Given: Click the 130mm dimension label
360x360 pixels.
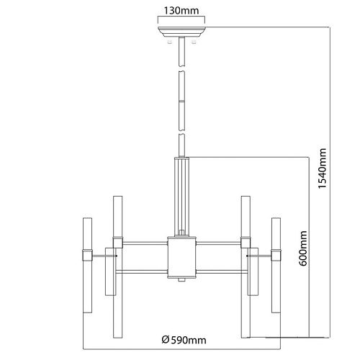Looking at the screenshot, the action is pyautogui.click(x=181, y=11).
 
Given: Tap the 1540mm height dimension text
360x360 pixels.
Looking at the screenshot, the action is pyautogui.click(x=322, y=168).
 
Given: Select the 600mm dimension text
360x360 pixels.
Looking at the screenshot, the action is pyautogui.click(x=303, y=248).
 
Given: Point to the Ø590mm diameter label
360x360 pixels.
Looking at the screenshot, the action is pyautogui.click(x=184, y=340).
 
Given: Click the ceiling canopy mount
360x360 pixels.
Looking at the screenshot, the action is pyautogui.click(x=181, y=32).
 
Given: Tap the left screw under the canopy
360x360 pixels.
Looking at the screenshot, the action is pyautogui.click(x=170, y=42).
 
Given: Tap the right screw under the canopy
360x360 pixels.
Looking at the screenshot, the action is pyautogui.click(x=193, y=42).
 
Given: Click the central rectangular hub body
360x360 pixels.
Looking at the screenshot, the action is pyautogui.click(x=181, y=257).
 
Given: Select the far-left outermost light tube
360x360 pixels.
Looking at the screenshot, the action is pyautogui.click(x=87, y=265).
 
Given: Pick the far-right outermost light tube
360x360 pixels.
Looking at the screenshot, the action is pyautogui.click(x=276, y=265).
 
